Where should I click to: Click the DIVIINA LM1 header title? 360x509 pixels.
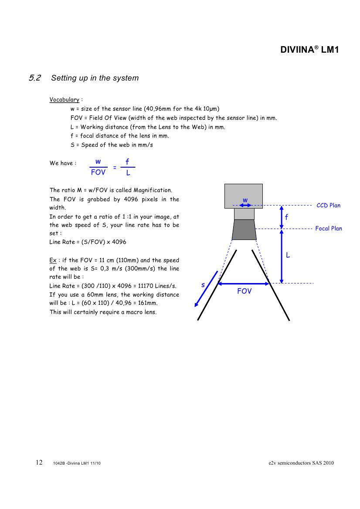coord(309,50)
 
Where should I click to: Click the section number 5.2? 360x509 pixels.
coord(35,78)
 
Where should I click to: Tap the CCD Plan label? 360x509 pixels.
coord(328,206)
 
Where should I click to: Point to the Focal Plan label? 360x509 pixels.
coord(329,229)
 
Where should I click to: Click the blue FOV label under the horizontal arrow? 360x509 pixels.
coord(244,291)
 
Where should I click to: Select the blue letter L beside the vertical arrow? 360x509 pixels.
coord(288,255)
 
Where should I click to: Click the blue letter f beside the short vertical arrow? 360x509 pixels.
coord(286,217)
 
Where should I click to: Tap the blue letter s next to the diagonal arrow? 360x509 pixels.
coord(203,285)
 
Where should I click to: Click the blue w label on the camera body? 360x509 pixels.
coord(245,200)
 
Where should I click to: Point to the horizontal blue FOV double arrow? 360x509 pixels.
coord(244,284)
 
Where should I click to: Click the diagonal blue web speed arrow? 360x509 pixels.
coord(206,289)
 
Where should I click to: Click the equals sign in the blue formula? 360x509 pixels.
coord(115,168)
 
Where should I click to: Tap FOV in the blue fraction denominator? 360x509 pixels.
coord(98,172)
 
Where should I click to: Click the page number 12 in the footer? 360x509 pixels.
coord(39,462)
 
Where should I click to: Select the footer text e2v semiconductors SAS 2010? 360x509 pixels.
coord(301,463)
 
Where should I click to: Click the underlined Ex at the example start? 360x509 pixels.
coord(53,260)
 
